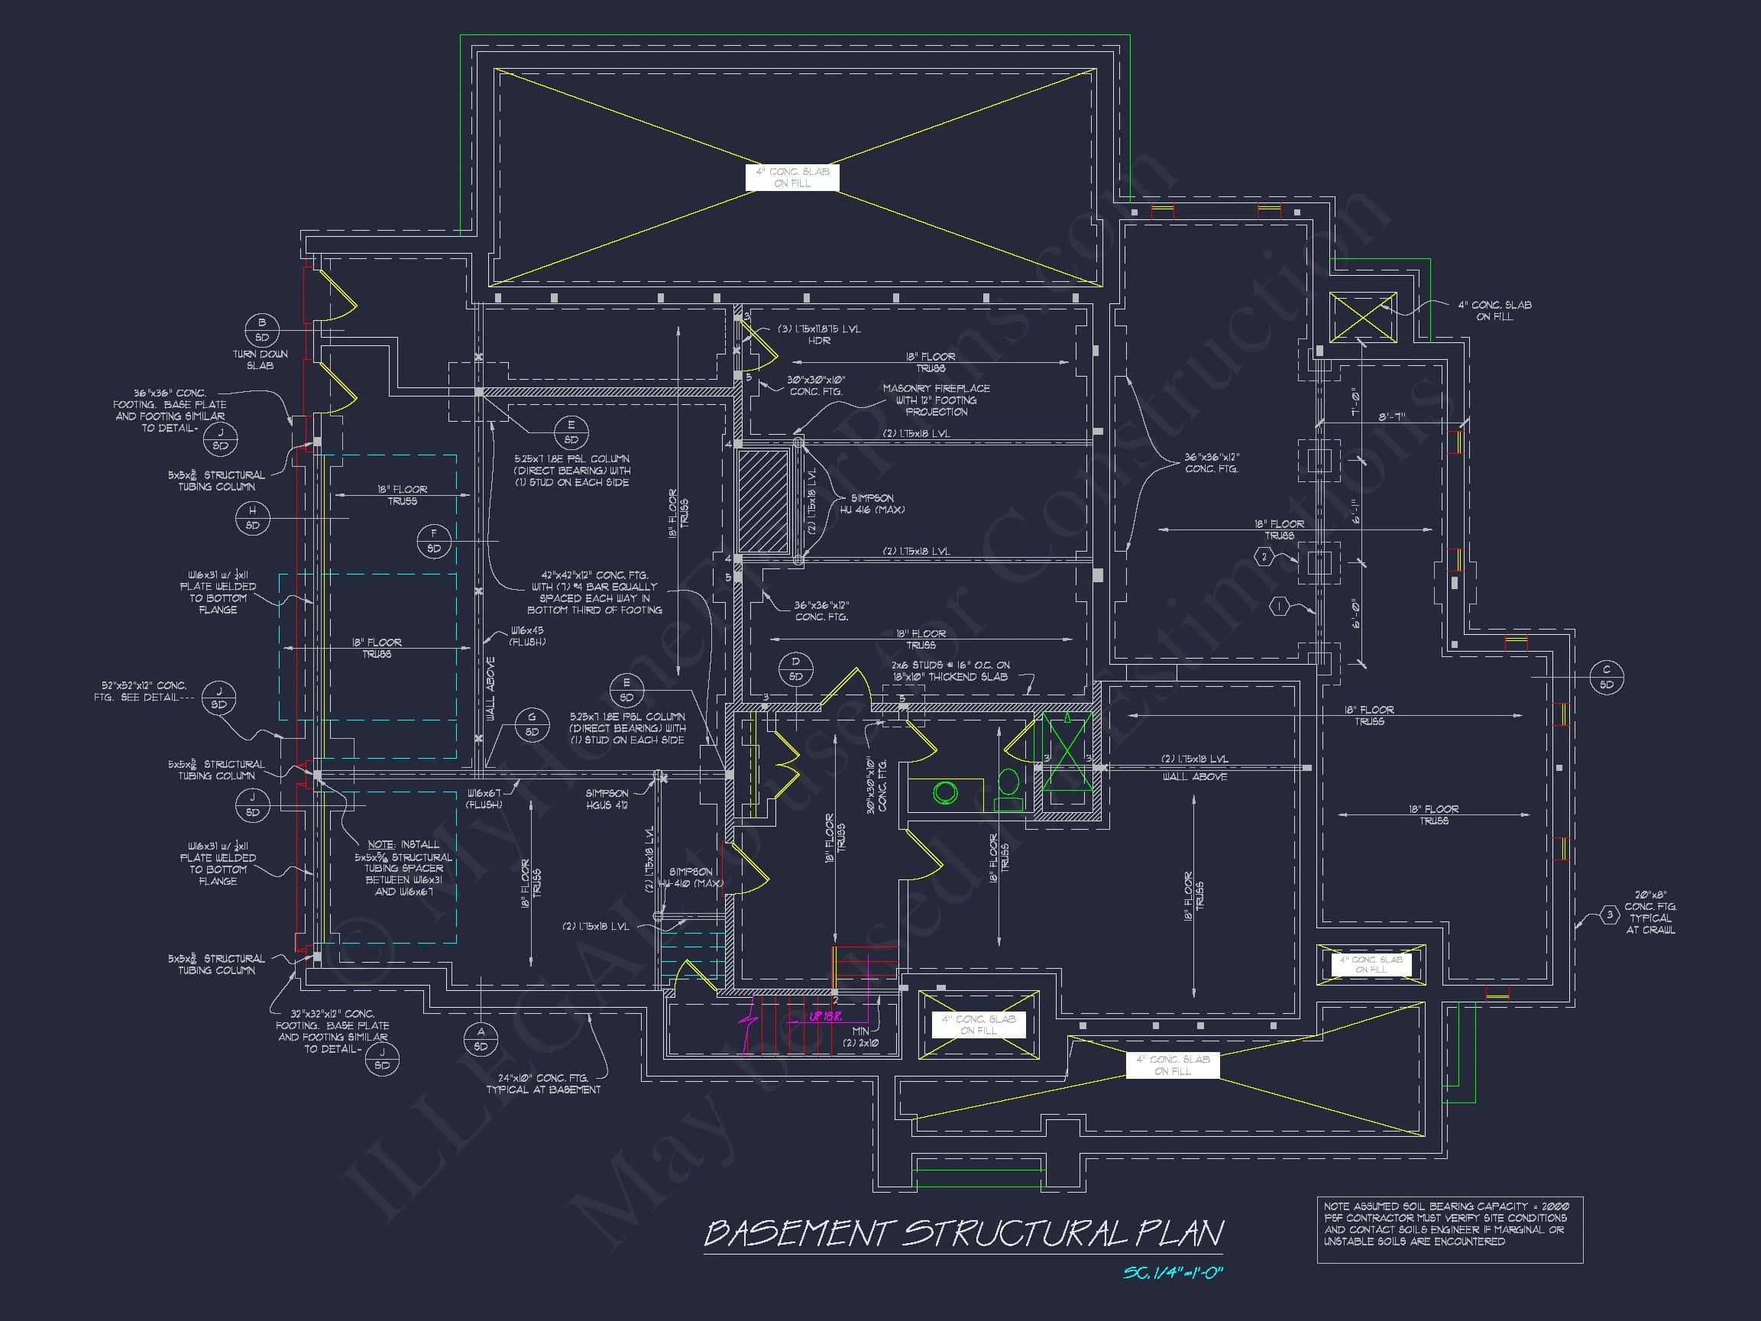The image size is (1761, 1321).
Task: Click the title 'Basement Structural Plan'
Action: click(963, 1233)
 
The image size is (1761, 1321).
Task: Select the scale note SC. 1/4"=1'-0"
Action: click(1172, 1272)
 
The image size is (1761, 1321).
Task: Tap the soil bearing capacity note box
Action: click(1449, 1229)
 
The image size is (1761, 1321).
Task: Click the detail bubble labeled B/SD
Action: click(262, 329)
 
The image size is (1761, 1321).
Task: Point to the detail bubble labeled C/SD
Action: click(1607, 677)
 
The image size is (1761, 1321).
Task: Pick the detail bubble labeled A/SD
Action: click(481, 1039)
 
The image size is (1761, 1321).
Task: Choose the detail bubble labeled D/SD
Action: click(795, 669)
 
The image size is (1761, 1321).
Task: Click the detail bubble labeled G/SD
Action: click(532, 724)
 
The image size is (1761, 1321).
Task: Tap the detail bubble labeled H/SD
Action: click(252, 517)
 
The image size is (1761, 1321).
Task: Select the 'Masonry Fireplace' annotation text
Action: click(936, 400)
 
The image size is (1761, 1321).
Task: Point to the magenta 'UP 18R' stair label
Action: click(826, 1017)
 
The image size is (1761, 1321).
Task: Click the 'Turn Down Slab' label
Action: click(261, 360)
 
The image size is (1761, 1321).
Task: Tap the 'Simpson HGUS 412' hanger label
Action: click(607, 798)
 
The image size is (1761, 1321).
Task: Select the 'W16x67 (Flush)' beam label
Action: click(484, 798)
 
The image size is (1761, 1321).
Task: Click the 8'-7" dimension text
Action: click(1393, 416)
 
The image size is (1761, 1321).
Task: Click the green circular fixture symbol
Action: click(946, 792)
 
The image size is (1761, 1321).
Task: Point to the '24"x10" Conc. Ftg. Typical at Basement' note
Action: click(543, 1083)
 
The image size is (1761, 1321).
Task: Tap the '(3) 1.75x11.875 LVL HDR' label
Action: click(818, 335)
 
